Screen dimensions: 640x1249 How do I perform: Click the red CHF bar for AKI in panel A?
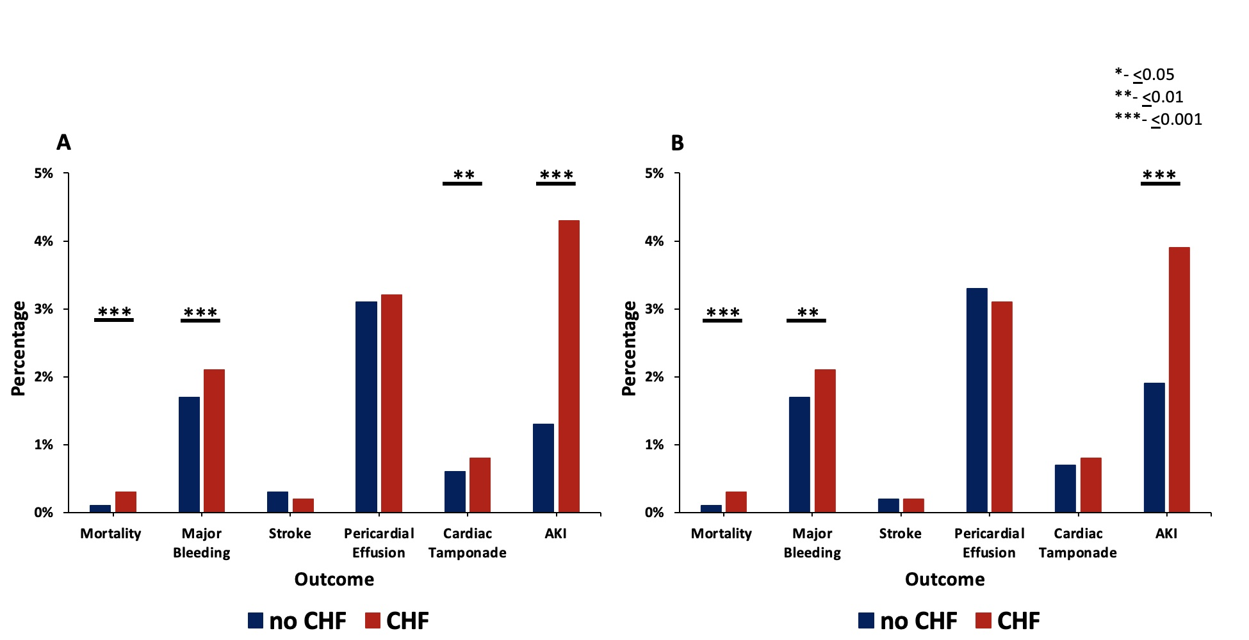tap(569, 366)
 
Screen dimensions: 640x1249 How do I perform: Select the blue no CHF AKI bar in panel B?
tap(1154, 447)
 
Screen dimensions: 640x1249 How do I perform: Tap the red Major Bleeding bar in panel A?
tap(214, 440)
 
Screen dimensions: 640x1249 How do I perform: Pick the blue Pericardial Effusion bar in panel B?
tap(977, 400)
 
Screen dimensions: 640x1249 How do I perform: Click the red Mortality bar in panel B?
tap(736, 502)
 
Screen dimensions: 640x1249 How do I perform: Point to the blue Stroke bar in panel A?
tap(277, 502)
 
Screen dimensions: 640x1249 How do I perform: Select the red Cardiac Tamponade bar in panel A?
tap(480, 484)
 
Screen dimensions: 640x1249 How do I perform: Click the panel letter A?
tap(63, 142)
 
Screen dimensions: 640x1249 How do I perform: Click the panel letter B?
tap(677, 143)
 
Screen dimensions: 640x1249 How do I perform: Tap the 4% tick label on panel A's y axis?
tap(44, 241)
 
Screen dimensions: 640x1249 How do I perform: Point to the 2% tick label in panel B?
tap(655, 377)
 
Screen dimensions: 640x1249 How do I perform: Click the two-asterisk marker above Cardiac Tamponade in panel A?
tap(463, 175)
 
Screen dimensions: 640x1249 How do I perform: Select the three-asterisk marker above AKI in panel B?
tap(1159, 175)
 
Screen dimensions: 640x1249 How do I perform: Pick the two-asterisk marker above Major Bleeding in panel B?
tap(807, 313)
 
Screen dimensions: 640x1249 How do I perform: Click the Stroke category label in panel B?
tap(900, 534)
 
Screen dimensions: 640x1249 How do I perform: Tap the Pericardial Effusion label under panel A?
tap(379, 543)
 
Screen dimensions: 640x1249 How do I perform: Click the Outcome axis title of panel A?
tap(334, 579)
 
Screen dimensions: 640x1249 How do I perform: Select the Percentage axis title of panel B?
tap(630, 348)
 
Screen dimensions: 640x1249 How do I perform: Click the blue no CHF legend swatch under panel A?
tap(256, 620)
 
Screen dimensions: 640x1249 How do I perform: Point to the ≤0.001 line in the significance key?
tap(1158, 119)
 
